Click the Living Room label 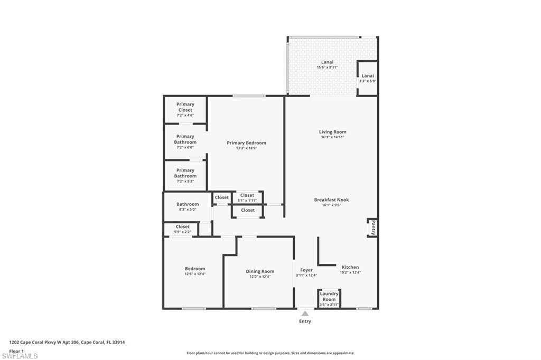(332, 132)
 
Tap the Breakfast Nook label (331, 200)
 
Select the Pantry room (373, 228)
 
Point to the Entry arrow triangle (305, 314)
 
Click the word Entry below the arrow (305, 321)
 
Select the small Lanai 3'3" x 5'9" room (367, 78)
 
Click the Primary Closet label (185, 107)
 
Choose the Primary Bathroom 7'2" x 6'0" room (185, 141)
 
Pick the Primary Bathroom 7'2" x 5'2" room (185, 173)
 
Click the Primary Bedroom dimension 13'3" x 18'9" (246, 148)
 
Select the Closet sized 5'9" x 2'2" (182, 229)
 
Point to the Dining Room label (260, 271)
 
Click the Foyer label (306, 270)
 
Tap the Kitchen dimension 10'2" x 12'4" (350, 273)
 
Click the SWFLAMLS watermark (20, 356)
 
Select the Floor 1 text (17, 350)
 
